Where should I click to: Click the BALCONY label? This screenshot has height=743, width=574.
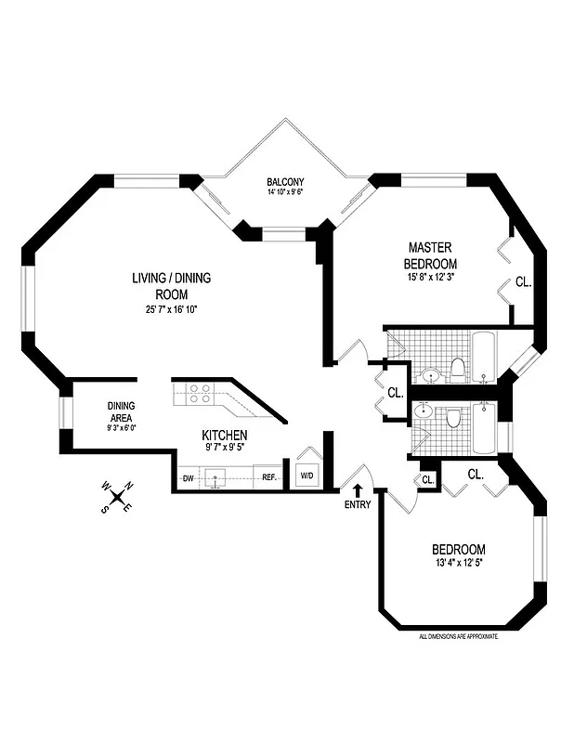pos(285,181)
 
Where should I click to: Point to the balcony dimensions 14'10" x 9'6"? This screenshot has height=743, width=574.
pos(285,193)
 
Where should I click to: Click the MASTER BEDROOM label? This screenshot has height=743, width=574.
pos(431,255)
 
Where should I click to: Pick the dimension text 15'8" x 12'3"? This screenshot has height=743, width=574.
pos(431,276)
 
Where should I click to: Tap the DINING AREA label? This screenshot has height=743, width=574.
pos(122,411)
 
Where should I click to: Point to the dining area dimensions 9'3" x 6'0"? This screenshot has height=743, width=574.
pos(122,429)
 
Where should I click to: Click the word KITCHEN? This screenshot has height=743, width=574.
pos(225,435)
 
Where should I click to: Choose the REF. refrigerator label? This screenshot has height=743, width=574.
pos(268,477)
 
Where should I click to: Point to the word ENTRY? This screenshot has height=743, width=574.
pos(357,504)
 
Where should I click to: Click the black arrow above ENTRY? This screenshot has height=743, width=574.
pos(357,489)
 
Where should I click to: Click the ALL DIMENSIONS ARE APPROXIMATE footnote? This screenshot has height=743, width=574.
pos(459,636)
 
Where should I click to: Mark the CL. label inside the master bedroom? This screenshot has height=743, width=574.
pos(522,282)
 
